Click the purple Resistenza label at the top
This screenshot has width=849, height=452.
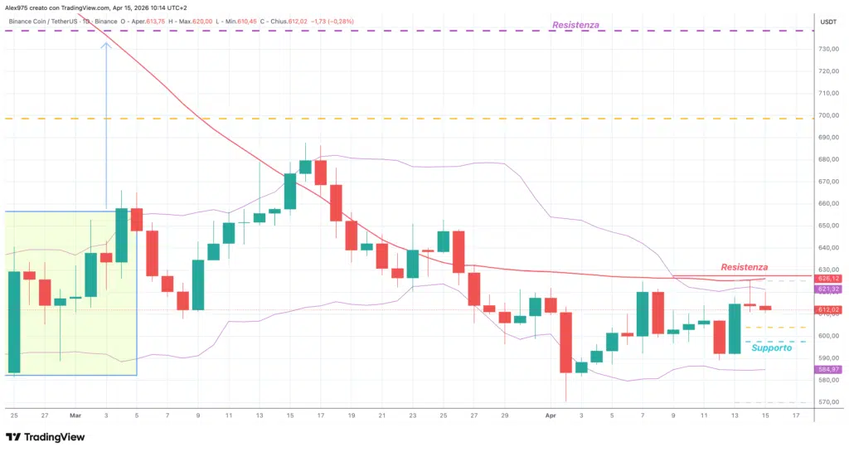click(x=575, y=25)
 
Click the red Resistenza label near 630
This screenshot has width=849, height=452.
click(x=744, y=267)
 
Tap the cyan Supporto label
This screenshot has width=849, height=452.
click(x=771, y=348)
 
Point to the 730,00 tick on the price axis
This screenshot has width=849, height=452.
click(x=828, y=49)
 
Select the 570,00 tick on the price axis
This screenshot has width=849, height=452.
click(x=828, y=402)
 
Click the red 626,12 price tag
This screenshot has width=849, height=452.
click(x=829, y=279)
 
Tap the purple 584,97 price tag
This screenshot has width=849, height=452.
click(x=829, y=369)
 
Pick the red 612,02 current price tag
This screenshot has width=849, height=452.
click(x=829, y=309)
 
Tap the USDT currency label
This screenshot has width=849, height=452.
click(x=828, y=22)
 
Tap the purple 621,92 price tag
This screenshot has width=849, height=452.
click(x=829, y=289)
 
